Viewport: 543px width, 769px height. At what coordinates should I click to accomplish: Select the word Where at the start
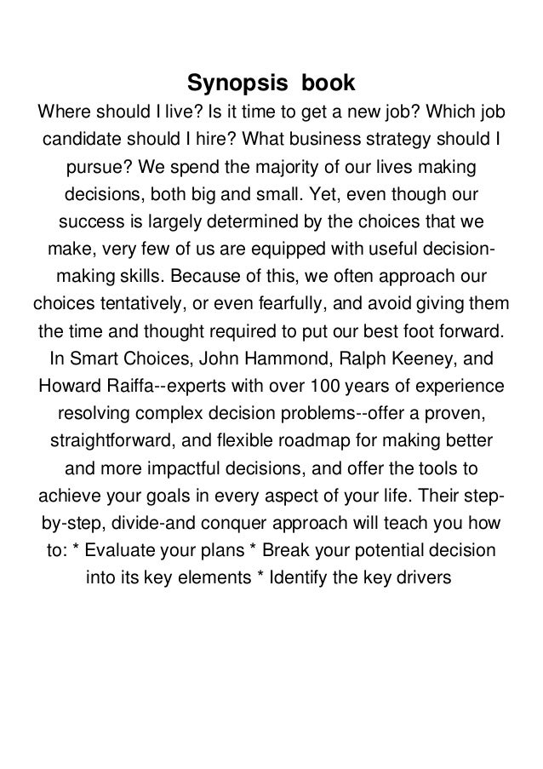60,112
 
